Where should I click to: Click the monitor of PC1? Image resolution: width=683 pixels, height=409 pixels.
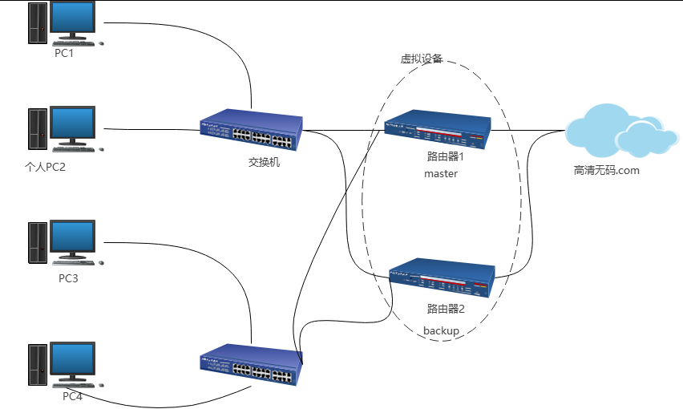74,18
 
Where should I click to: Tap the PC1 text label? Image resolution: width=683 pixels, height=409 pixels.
64,53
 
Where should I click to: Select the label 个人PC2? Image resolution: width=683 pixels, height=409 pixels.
44,168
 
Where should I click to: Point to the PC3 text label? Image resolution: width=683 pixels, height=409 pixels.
68,279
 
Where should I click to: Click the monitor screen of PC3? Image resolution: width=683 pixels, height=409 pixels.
74,238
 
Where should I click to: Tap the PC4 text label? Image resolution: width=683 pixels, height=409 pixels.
73,396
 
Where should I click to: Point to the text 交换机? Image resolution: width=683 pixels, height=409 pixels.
264,162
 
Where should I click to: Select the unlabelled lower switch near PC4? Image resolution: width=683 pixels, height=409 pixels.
250,366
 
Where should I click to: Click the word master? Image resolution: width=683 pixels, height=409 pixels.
440,173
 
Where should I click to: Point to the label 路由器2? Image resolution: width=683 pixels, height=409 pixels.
446,308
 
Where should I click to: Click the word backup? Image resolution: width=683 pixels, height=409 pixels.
441,330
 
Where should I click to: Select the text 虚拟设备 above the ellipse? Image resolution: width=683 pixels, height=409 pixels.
422,59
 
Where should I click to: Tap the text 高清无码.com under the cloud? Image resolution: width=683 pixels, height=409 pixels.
607,170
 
